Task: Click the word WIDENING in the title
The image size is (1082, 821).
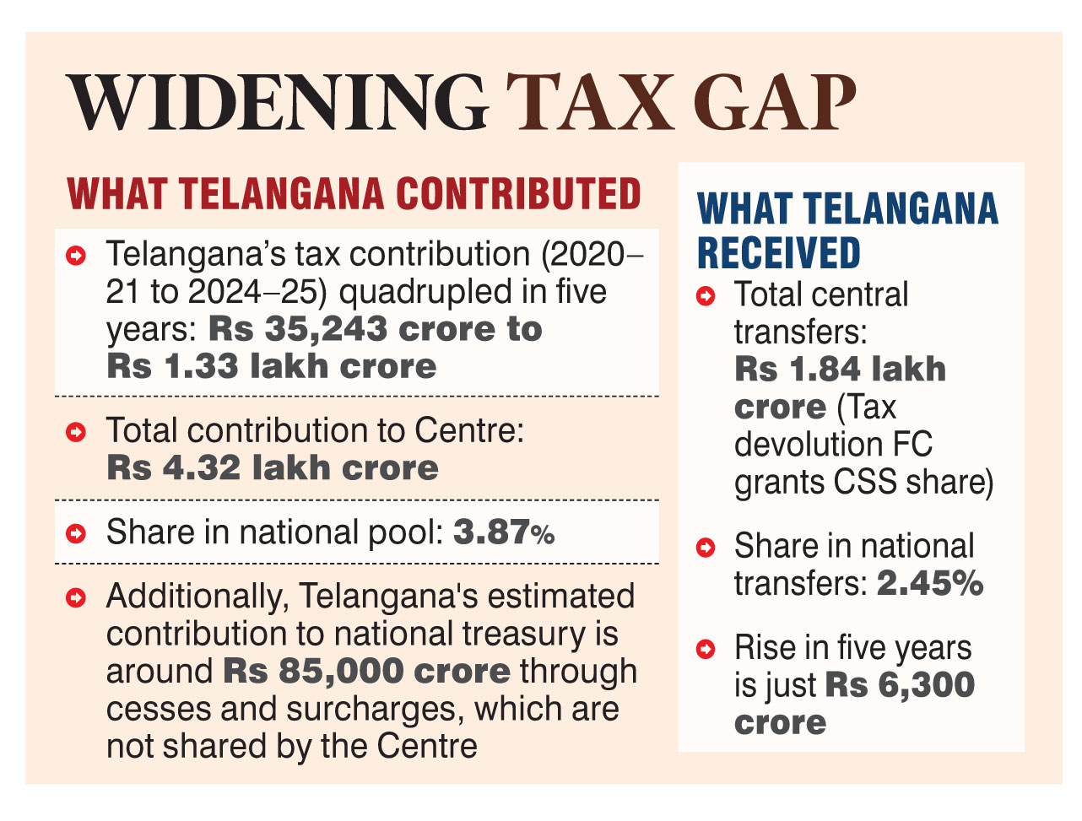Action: tap(279, 103)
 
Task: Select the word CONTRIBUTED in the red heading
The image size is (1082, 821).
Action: tap(518, 194)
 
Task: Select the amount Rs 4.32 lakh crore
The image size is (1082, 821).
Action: tap(272, 467)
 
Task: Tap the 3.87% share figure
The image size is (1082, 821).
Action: tap(504, 532)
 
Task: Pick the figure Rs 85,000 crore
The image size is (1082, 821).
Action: tap(366, 671)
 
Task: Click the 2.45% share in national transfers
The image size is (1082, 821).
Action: tap(930, 583)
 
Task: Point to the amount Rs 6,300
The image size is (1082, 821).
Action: tap(900, 684)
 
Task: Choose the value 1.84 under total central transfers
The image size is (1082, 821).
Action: tap(824, 370)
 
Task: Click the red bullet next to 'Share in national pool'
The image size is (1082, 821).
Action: tap(76, 533)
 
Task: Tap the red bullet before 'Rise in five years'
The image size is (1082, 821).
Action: tap(706, 649)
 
